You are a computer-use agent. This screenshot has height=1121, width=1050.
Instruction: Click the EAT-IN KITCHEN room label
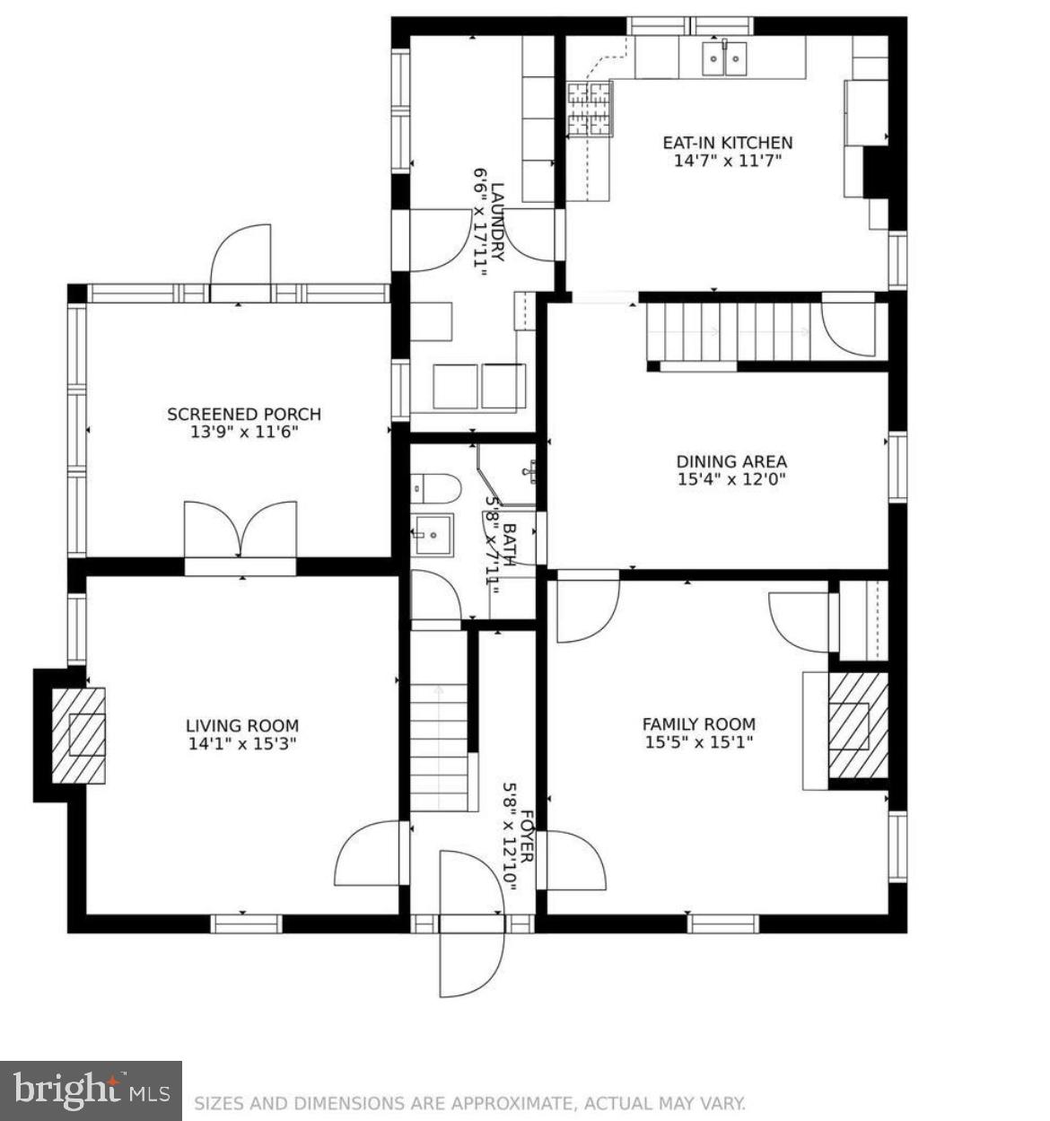[727, 143]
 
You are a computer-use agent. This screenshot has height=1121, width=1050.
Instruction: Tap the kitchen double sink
[724, 59]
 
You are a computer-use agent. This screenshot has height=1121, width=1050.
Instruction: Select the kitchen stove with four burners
[589, 108]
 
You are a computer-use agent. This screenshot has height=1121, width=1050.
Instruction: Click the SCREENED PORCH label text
[243, 414]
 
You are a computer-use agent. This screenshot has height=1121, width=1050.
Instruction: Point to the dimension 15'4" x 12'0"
[731, 479]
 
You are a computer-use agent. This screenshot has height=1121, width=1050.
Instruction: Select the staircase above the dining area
[727, 331]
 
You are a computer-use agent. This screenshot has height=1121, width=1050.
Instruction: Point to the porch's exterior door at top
[241, 258]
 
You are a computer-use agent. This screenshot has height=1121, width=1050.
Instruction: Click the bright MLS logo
[91, 1090]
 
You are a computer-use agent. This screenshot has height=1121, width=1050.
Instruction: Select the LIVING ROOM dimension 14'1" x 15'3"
[242, 744]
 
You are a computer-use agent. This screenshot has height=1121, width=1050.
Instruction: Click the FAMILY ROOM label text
[698, 723]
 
